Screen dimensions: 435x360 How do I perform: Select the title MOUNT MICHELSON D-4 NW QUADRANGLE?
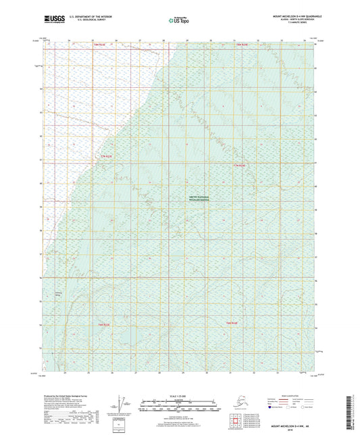(x=291, y=15)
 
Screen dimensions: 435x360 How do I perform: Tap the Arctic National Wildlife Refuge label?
(x=199, y=199)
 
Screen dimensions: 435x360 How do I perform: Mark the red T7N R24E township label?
(x=240, y=165)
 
